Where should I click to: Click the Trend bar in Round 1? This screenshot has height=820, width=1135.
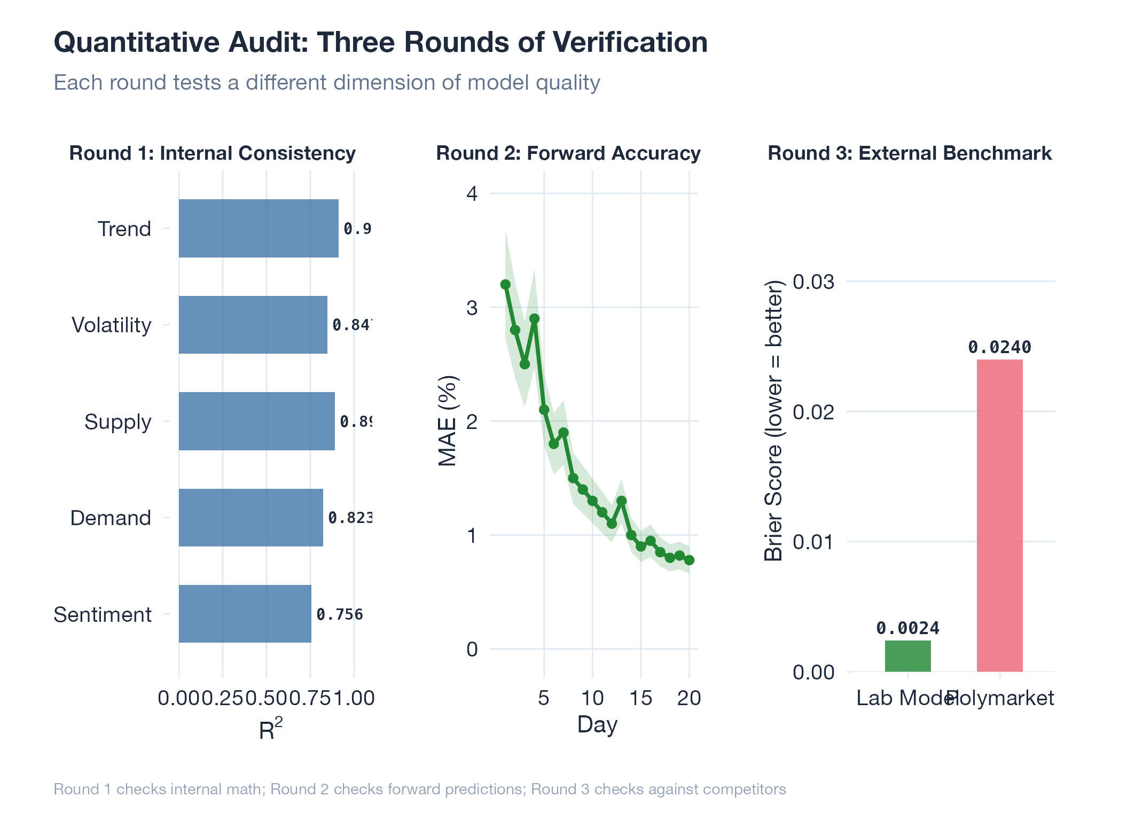pyautogui.click(x=259, y=229)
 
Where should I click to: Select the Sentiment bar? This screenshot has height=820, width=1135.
pyautogui.click(x=245, y=614)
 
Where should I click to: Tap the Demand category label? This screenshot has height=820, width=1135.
pyautogui.click(x=111, y=518)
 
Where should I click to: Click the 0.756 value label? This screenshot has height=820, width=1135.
pyautogui.click(x=340, y=614)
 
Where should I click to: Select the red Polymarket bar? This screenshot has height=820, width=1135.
pyautogui.click(x=999, y=516)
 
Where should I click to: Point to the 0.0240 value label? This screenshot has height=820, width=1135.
pyautogui.click(x=999, y=348)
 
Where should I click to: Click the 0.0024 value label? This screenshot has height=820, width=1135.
pyautogui.click(x=907, y=628)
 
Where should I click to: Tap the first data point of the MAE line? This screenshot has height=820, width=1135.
pyautogui.click(x=505, y=285)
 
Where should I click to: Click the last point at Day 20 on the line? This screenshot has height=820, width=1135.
pyautogui.click(x=689, y=560)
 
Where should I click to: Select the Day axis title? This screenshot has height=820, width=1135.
pyautogui.click(x=597, y=725)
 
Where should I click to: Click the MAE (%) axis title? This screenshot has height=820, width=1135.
pyautogui.click(x=448, y=421)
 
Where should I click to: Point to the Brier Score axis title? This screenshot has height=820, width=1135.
pyautogui.click(x=773, y=421)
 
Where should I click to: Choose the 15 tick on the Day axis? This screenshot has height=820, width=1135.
pyautogui.click(x=640, y=698)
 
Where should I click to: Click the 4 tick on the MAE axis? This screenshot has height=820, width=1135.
pyautogui.click(x=472, y=193)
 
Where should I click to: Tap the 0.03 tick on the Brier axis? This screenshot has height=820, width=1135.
pyautogui.click(x=813, y=282)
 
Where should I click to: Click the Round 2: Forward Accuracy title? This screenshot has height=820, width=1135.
pyautogui.click(x=568, y=153)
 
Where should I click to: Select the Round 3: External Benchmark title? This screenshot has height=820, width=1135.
pyautogui.click(x=910, y=153)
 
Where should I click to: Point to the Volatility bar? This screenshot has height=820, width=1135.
pyautogui.click(x=253, y=325)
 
